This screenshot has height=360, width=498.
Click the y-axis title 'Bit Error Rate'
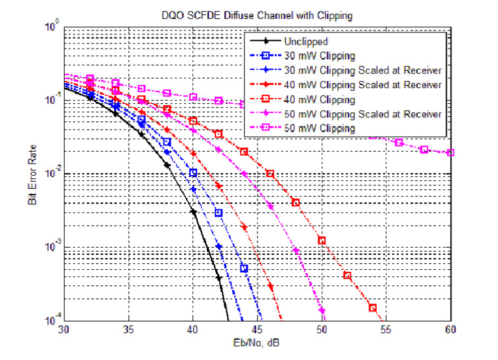point(32,175)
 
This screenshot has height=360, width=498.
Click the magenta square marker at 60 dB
point(451,153)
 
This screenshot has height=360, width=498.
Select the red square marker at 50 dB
point(322,241)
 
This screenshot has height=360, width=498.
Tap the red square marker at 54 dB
point(373,307)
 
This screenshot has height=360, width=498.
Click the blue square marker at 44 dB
point(244,269)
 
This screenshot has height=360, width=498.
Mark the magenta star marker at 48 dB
point(296,250)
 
